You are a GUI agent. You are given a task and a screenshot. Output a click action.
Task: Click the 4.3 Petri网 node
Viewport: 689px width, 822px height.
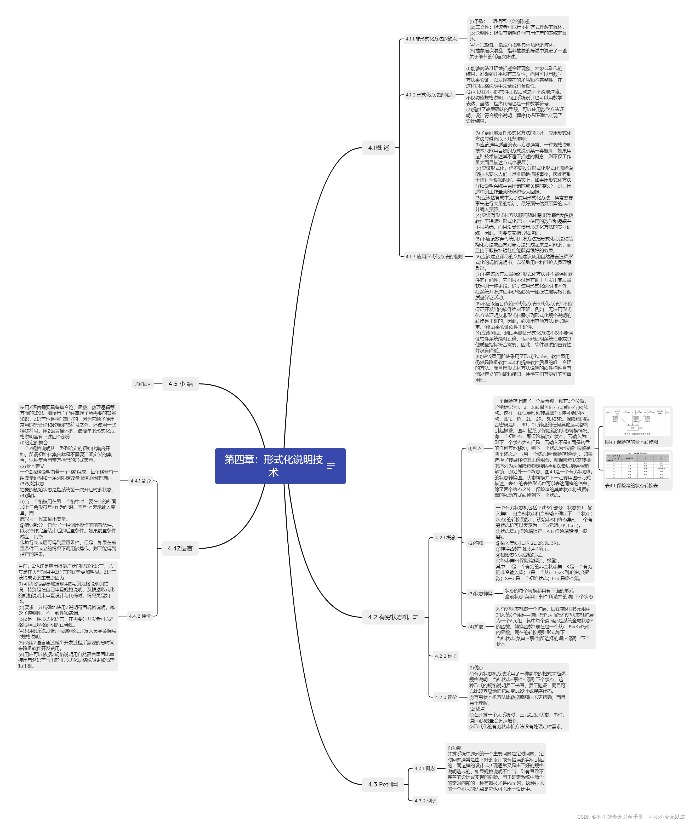pyautogui.click(x=383, y=784)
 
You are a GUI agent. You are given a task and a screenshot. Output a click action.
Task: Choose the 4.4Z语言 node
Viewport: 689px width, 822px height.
pyautogui.click(x=180, y=548)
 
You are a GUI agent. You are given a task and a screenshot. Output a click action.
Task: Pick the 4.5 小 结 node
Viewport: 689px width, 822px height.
pyautogui.click(x=181, y=384)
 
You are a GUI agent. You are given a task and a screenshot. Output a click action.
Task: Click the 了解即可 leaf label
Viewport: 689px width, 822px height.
pyautogui.click(x=143, y=384)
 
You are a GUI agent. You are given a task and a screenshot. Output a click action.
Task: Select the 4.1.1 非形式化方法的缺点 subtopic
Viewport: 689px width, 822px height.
pyautogui.click(x=431, y=39)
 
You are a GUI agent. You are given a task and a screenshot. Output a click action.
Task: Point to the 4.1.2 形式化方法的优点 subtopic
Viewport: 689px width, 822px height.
pyautogui.click(x=429, y=95)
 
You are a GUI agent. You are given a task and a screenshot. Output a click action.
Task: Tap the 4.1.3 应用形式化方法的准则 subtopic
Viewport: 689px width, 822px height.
pyautogui.click(x=434, y=257)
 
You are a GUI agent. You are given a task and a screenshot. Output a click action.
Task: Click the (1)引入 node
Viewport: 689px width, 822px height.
pyautogui.click(x=475, y=448)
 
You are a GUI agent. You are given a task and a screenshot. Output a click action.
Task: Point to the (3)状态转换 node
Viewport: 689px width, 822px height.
pyautogui.click(x=480, y=594)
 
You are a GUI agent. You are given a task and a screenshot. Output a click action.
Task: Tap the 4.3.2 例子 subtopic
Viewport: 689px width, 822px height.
pyautogui.click(x=425, y=801)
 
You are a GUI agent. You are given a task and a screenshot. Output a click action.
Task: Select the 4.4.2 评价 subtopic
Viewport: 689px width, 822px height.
pyautogui.click(x=140, y=616)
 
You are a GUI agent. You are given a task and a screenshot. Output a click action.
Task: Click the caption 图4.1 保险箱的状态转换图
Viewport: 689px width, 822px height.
pyautogui.click(x=631, y=442)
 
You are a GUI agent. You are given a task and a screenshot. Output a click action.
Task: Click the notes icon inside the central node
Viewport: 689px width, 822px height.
pyautogui.click(x=331, y=466)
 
